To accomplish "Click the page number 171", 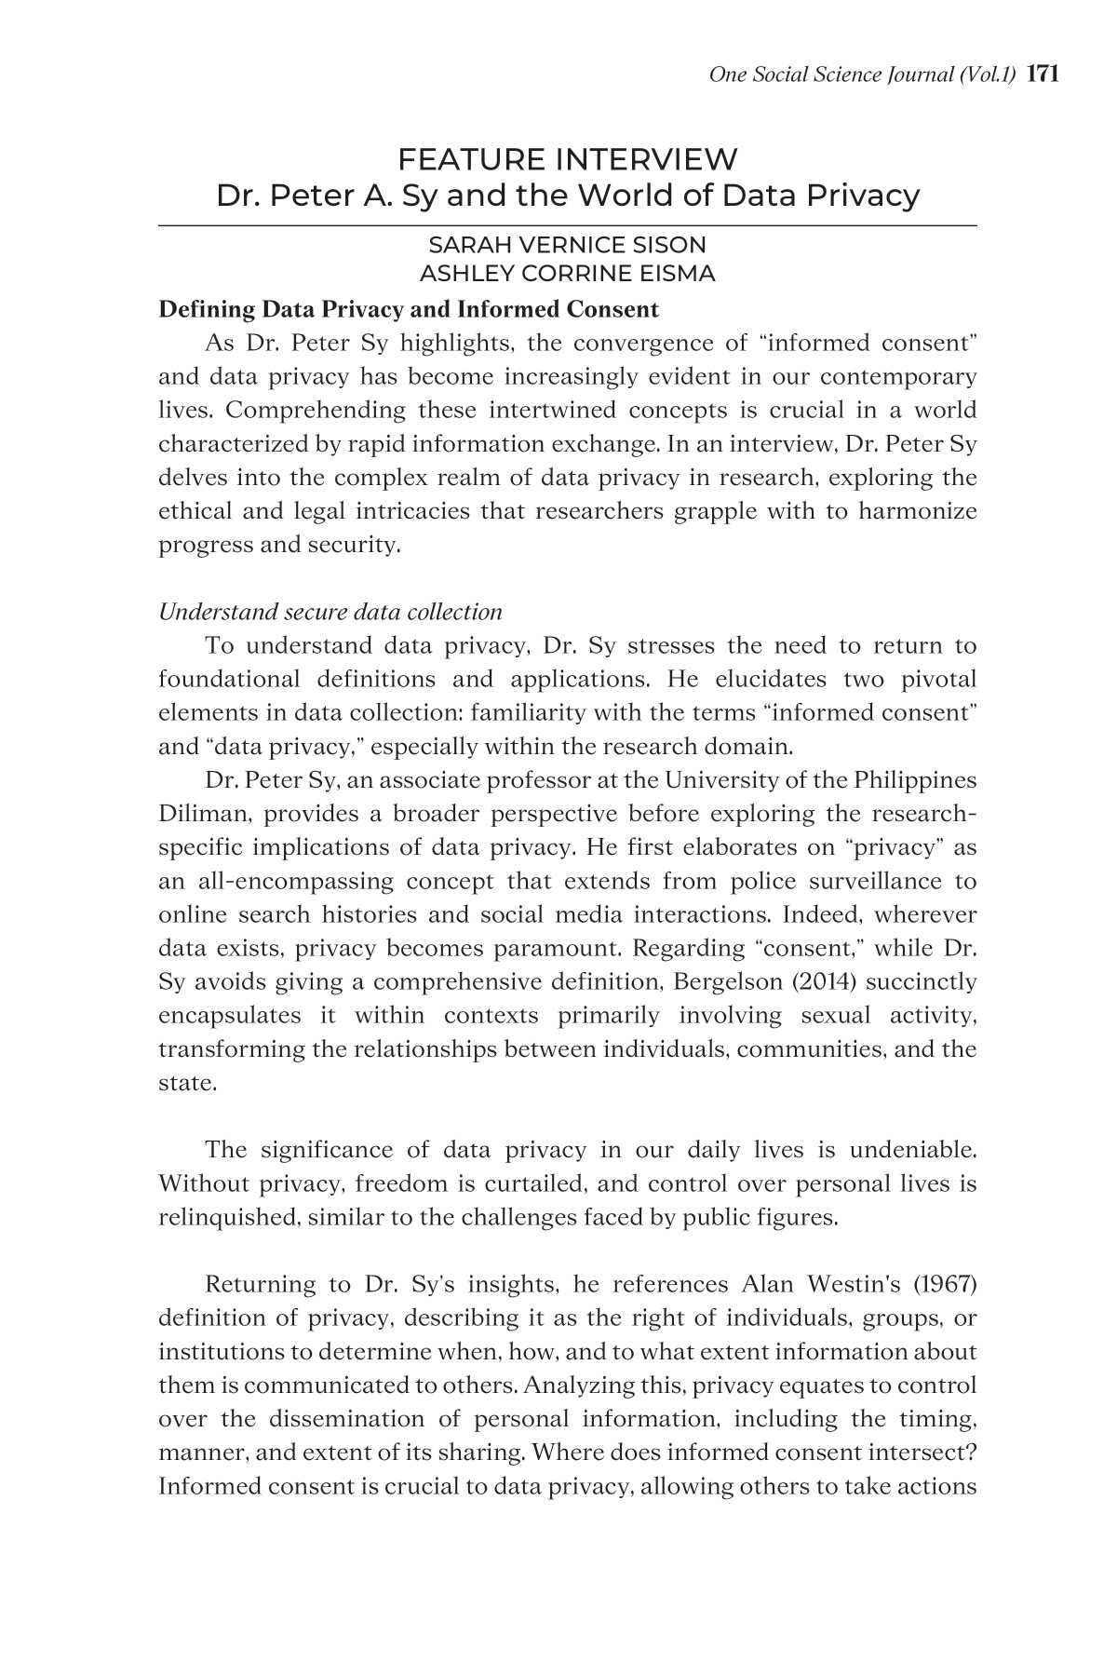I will (x=1043, y=74).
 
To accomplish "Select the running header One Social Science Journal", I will (x=861, y=74).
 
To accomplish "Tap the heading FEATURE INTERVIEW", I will (x=567, y=160).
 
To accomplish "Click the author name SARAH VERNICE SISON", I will (x=567, y=245).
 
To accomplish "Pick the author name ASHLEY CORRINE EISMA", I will (x=567, y=274).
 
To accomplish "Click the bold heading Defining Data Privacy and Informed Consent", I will (x=409, y=309).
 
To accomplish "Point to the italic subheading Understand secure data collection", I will (x=330, y=612).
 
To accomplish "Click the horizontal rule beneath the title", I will (x=567, y=225).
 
